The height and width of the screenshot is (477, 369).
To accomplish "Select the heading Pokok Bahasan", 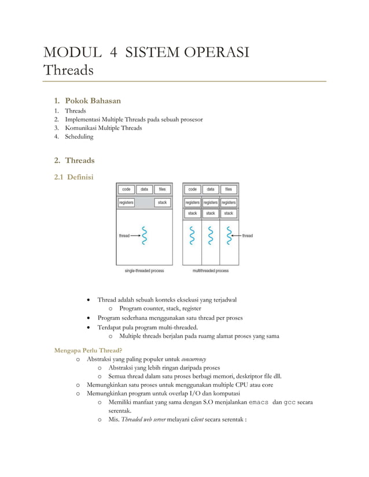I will (x=93, y=100).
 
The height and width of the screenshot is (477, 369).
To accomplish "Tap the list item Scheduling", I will (x=79, y=137).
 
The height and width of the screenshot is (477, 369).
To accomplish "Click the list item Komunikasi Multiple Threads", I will (x=103, y=128).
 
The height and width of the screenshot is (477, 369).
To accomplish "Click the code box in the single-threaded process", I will (x=126, y=189).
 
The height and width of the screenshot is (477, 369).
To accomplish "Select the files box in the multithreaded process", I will (x=228, y=189).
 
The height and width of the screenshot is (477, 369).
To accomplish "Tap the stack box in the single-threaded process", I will (x=163, y=203).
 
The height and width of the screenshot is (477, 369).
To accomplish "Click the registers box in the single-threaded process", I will (x=126, y=203).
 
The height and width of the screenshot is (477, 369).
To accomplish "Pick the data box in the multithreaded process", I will (x=211, y=189).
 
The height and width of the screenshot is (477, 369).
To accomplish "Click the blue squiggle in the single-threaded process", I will (x=145, y=236).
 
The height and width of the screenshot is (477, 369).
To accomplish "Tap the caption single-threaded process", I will (x=144, y=270).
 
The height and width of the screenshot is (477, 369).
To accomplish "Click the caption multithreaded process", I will (x=211, y=270).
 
